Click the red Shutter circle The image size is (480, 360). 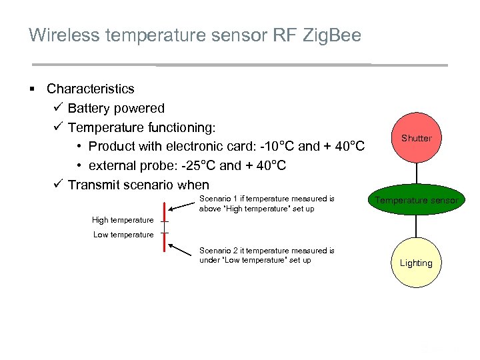pyautogui.click(x=416, y=139)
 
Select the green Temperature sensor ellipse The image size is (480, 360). pyautogui.click(x=416, y=201)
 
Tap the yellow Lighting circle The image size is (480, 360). pyautogui.click(x=416, y=263)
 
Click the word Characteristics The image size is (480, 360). pyautogui.click(x=90, y=89)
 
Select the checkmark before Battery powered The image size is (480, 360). pyautogui.click(x=57, y=108)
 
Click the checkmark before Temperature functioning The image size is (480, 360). pyautogui.click(x=57, y=127)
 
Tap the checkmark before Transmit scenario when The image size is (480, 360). pyautogui.click(x=57, y=185)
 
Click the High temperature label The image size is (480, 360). pyautogui.click(x=122, y=220)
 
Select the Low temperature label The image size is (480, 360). pyautogui.click(x=123, y=235)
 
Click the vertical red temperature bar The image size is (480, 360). pyautogui.click(x=164, y=226)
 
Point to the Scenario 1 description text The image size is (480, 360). pyautogui.click(x=267, y=203)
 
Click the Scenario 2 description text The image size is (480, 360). pyautogui.click(x=267, y=255)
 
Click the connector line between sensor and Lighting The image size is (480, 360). pyautogui.click(x=416, y=227)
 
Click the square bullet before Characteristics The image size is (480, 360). pyautogui.click(x=32, y=89)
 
